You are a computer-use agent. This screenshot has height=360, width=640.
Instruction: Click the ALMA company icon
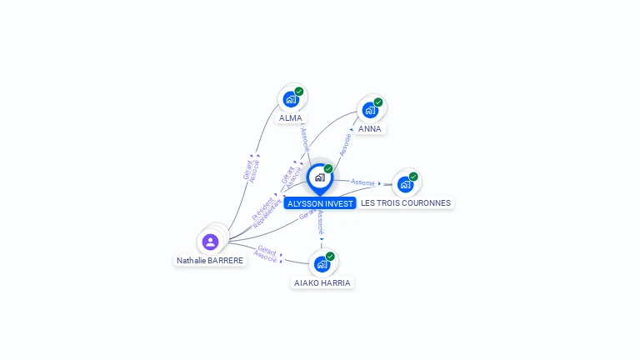(x=290, y=99)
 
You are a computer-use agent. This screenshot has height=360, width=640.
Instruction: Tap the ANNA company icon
(x=369, y=110)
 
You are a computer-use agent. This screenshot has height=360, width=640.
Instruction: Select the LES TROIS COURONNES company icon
(x=405, y=184)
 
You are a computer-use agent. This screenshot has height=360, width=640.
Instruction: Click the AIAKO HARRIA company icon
(x=322, y=264)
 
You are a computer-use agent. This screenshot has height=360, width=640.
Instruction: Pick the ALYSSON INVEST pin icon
(x=319, y=177)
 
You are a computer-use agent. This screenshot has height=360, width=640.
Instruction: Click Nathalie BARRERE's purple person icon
(x=210, y=242)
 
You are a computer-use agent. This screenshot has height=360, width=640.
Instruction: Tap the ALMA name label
(x=291, y=118)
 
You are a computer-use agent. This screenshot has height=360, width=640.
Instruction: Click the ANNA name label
(x=370, y=129)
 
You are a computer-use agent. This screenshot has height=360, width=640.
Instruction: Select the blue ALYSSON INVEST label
(x=320, y=203)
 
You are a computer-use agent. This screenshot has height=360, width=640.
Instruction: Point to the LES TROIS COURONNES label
(x=406, y=203)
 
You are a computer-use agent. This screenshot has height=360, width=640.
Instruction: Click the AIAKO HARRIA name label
(x=322, y=283)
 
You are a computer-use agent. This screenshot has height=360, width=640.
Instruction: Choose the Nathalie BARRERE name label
(x=210, y=261)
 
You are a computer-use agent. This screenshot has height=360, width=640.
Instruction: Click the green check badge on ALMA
(x=299, y=92)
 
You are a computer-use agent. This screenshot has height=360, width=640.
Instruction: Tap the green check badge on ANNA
(x=378, y=102)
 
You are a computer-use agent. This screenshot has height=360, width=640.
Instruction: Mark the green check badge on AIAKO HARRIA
(x=330, y=257)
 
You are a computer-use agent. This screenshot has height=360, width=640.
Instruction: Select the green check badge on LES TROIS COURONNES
(x=413, y=177)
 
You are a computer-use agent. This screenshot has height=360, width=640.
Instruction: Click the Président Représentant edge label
(x=266, y=210)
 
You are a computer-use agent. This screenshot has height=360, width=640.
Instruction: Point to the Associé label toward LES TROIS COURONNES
(x=362, y=182)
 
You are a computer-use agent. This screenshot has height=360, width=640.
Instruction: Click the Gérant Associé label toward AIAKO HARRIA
(x=266, y=253)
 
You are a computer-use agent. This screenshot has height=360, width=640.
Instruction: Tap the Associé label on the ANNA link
(x=345, y=144)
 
